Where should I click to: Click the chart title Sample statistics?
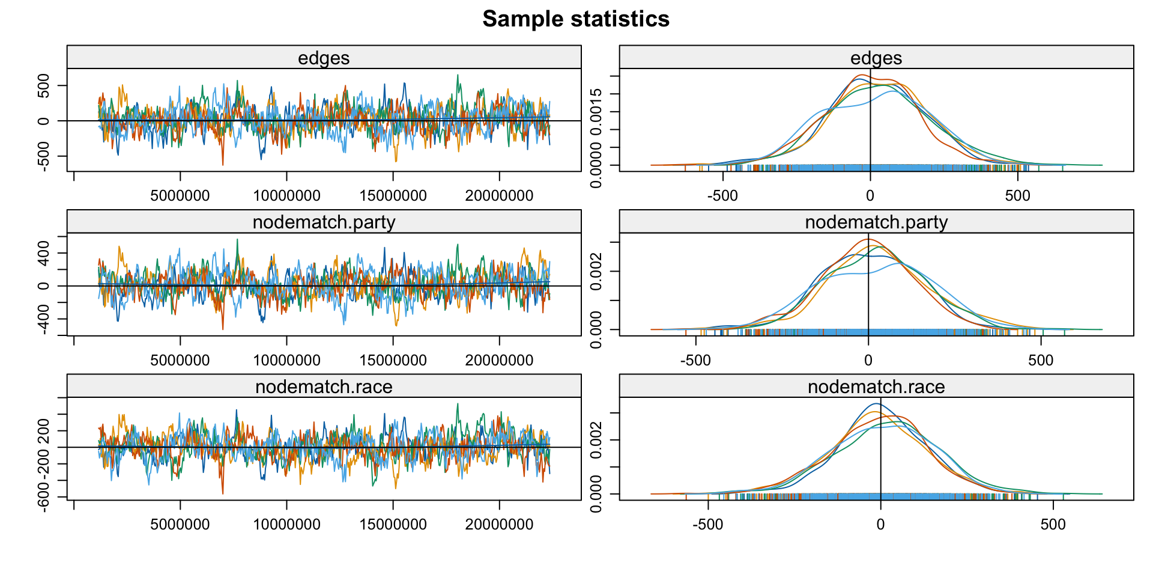tap(575, 19)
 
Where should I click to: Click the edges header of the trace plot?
tap(324, 58)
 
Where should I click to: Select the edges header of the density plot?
tap(876, 58)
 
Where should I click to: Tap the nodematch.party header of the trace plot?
tap(324, 222)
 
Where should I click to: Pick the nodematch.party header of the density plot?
tap(876, 222)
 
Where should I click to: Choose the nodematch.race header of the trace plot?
tap(324, 386)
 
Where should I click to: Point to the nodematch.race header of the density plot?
tap(876, 386)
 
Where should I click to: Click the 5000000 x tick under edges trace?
tap(180, 196)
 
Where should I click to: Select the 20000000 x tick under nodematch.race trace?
tap(499, 525)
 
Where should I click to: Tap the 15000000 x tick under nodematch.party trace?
tap(393, 361)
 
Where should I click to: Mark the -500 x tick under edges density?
tap(722, 196)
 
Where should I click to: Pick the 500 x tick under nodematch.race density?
tap(1053, 525)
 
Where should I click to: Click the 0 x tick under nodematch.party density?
tap(868, 361)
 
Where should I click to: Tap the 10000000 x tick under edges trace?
tap(286, 196)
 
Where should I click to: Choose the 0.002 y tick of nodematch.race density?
tap(596, 441)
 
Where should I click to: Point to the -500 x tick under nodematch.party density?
tap(696, 361)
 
